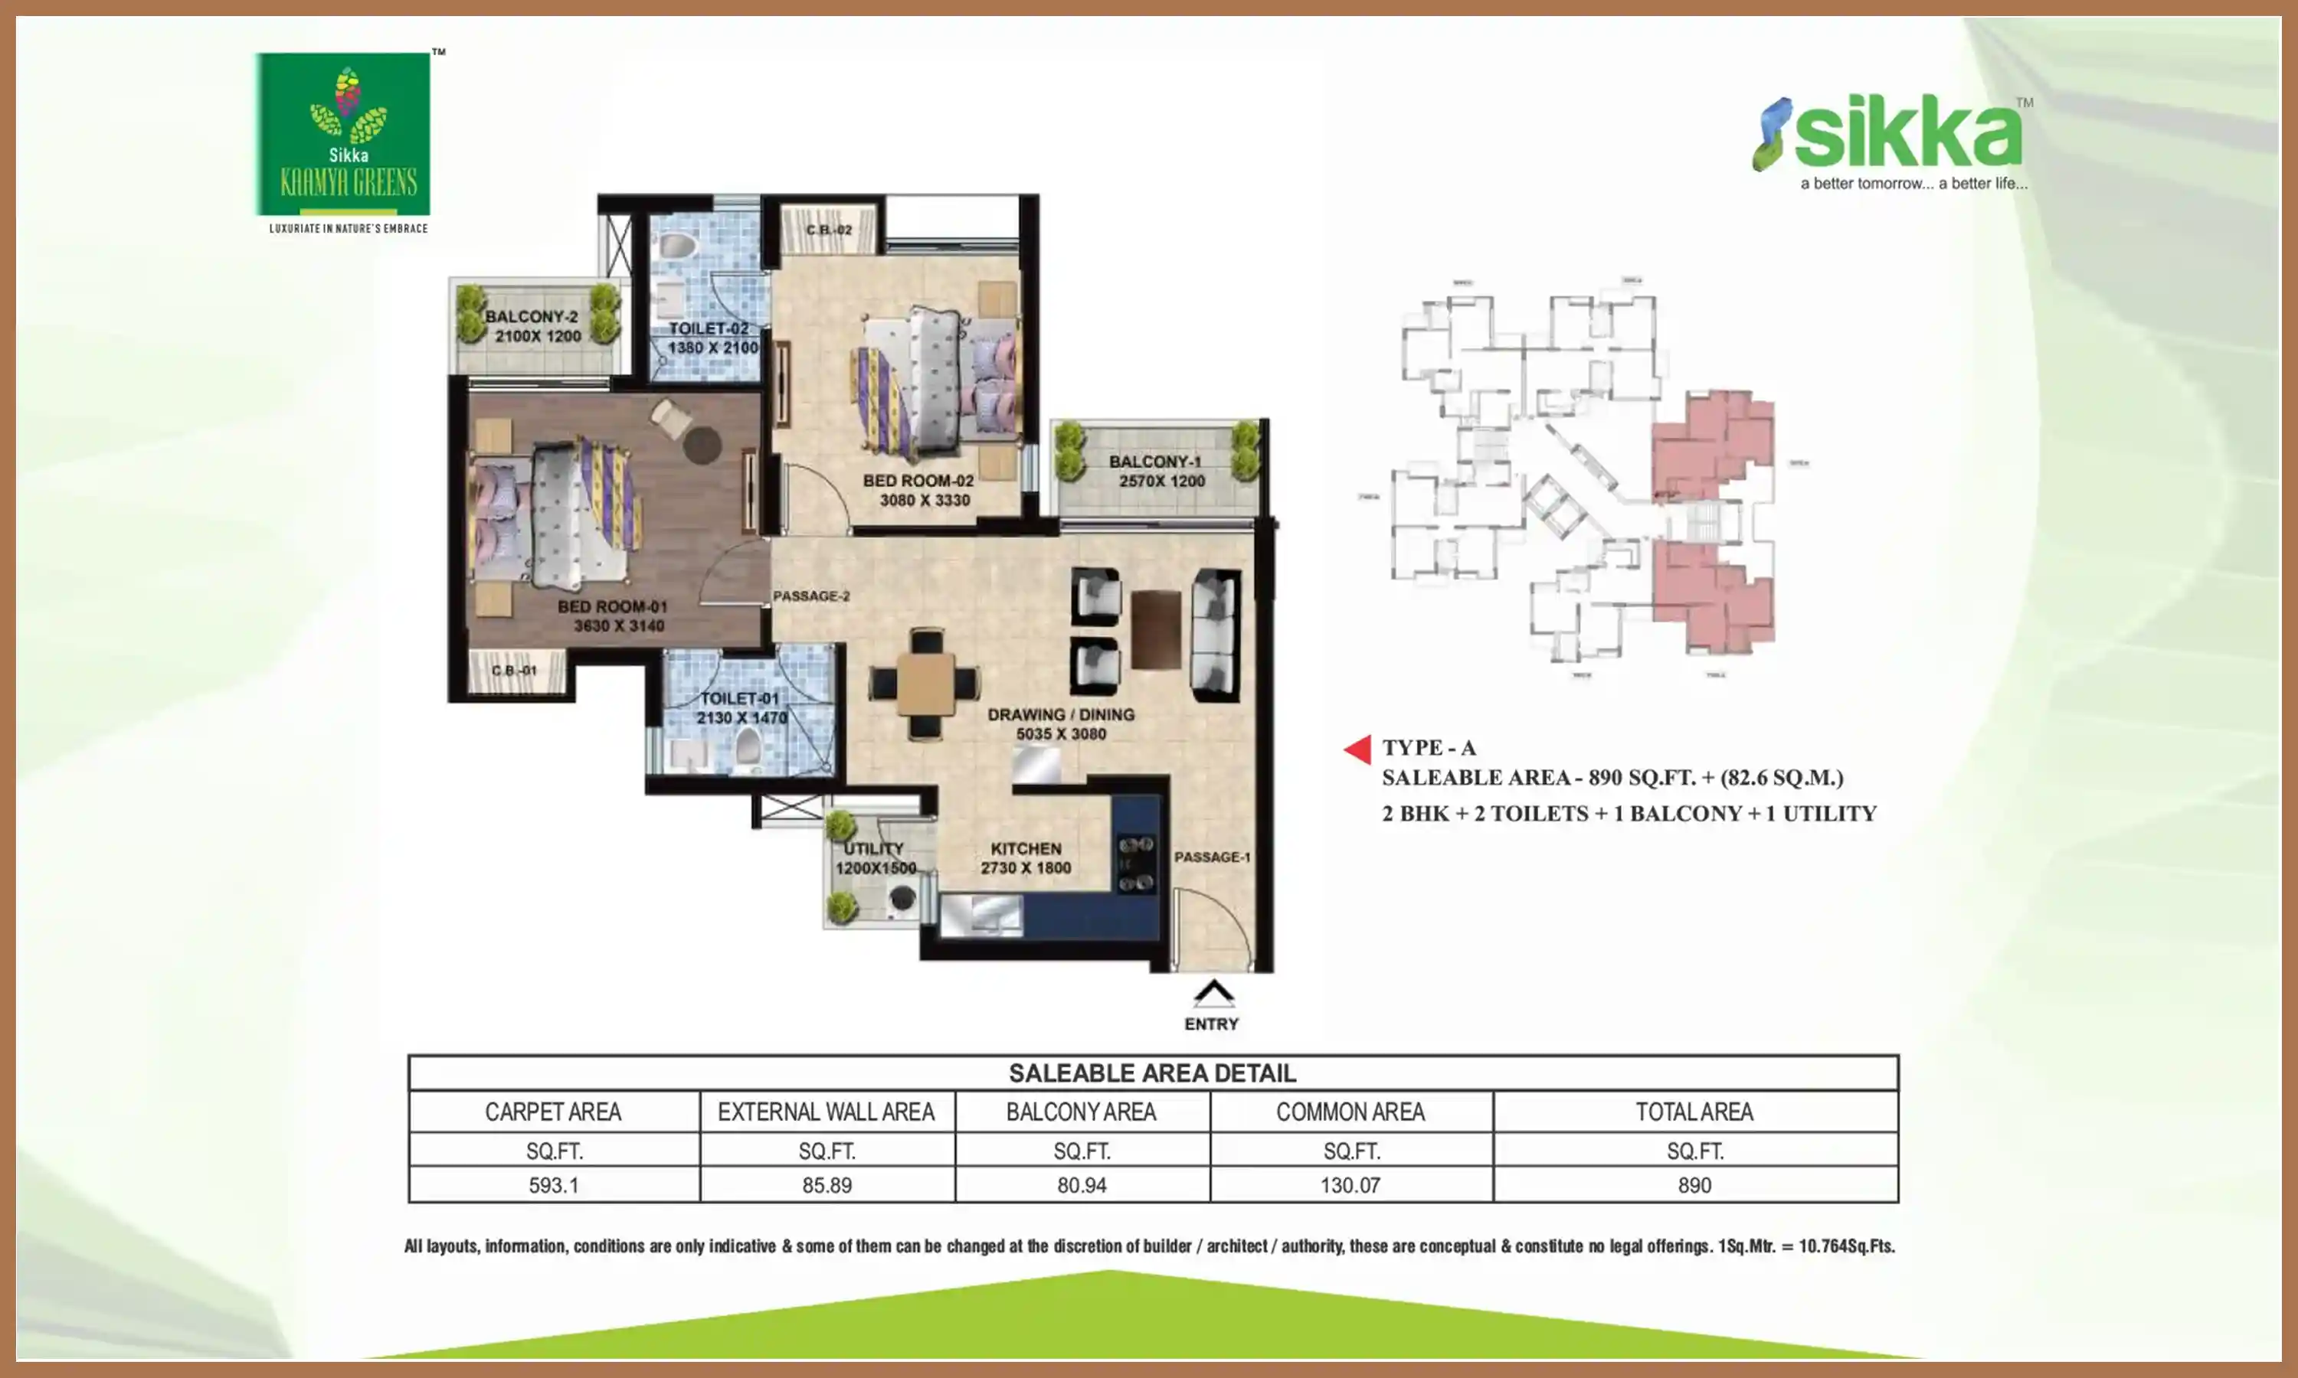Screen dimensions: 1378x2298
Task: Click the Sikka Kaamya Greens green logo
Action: click(x=342, y=135)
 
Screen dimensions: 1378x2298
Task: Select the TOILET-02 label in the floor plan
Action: click(x=709, y=328)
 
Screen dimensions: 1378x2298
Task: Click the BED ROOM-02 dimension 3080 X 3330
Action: click(x=925, y=501)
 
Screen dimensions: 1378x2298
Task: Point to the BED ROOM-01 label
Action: click(x=612, y=606)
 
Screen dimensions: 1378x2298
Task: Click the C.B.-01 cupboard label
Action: click(x=515, y=671)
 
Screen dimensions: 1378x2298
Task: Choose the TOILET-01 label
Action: click(x=739, y=698)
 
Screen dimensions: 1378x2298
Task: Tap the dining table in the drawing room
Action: click(x=925, y=684)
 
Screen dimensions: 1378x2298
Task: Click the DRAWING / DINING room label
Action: click(x=1061, y=715)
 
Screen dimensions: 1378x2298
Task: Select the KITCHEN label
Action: click(x=1026, y=849)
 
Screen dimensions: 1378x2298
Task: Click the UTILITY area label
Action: click(x=873, y=849)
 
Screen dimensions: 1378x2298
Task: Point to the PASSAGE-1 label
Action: click(x=1212, y=857)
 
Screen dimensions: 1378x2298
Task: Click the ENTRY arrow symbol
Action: click(x=1213, y=994)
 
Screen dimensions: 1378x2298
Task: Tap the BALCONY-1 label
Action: click(x=1154, y=462)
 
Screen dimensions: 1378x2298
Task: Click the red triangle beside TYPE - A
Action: click(x=1359, y=749)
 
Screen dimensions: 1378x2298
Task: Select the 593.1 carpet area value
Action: click(x=554, y=1186)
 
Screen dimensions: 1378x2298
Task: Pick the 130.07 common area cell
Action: click(x=1350, y=1186)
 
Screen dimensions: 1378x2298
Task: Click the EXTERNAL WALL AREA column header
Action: click(x=826, y=1112)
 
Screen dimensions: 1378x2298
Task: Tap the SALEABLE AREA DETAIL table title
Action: click(x=1152, y=1073)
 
